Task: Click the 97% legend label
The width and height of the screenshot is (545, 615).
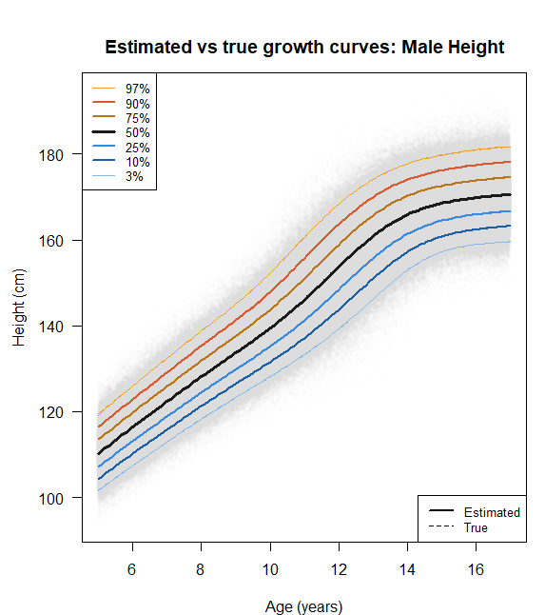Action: click(138, 89)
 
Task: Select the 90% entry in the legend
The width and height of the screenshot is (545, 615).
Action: click(138, 104)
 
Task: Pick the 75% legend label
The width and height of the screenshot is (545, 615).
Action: click(138, 118)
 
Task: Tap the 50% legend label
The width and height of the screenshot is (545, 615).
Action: click(138, 132)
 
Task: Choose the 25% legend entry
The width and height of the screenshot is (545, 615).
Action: click(138, 148)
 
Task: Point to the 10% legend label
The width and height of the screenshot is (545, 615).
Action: click(138, 162)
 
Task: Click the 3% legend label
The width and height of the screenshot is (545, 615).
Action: click(134, 176)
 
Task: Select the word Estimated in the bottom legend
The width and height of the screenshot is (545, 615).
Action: click(492, 512)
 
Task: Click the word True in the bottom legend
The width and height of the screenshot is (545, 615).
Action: click(476, 527)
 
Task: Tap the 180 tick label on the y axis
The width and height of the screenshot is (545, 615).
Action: click(51, 155)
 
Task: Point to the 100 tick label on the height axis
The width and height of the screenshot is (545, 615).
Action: click(51, 499)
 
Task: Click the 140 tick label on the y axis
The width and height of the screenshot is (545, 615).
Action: click(51, 327)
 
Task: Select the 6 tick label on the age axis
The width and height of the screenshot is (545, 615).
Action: click(131, 569)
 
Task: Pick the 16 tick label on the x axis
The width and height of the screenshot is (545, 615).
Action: click(476, 569)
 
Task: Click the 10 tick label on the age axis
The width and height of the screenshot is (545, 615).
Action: click(270, 569)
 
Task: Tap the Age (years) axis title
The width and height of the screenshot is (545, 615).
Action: click(304, 606)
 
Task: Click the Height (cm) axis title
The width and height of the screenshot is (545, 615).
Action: click(18, 307)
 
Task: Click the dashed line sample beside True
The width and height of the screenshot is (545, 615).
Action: click(441, 526)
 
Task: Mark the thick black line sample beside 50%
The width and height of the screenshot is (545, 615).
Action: click(104, 131)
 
